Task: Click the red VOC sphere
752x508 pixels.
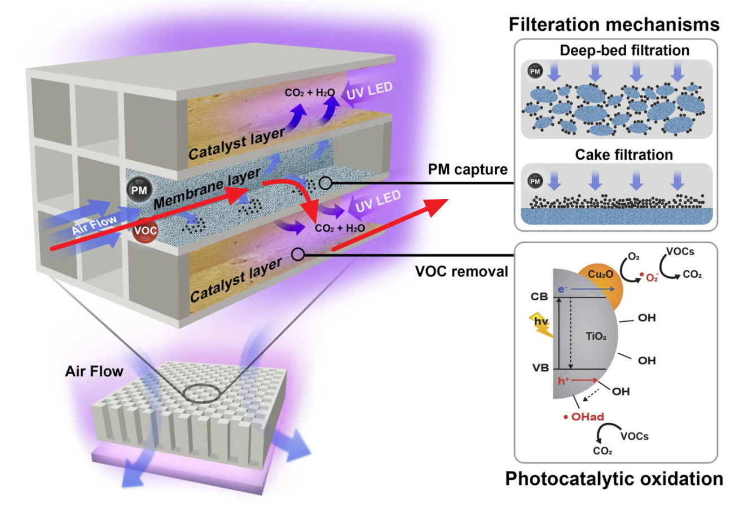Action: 145,231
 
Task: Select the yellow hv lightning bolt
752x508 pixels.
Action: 542,324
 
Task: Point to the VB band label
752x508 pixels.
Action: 540,368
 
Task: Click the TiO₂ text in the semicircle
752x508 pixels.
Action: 596,337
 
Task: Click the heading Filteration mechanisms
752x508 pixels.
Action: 614,24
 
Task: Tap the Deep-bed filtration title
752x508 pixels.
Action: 624,51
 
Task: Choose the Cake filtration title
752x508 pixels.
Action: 624,155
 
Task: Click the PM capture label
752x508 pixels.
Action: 468,169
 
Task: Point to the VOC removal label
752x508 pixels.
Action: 461,271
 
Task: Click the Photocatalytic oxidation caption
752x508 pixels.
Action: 614,479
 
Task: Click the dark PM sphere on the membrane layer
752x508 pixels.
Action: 139,190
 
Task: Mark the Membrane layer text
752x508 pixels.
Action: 206,190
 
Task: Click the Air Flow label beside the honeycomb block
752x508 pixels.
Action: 94,371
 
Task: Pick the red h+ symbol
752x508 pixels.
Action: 564,381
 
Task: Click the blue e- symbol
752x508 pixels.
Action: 562,289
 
